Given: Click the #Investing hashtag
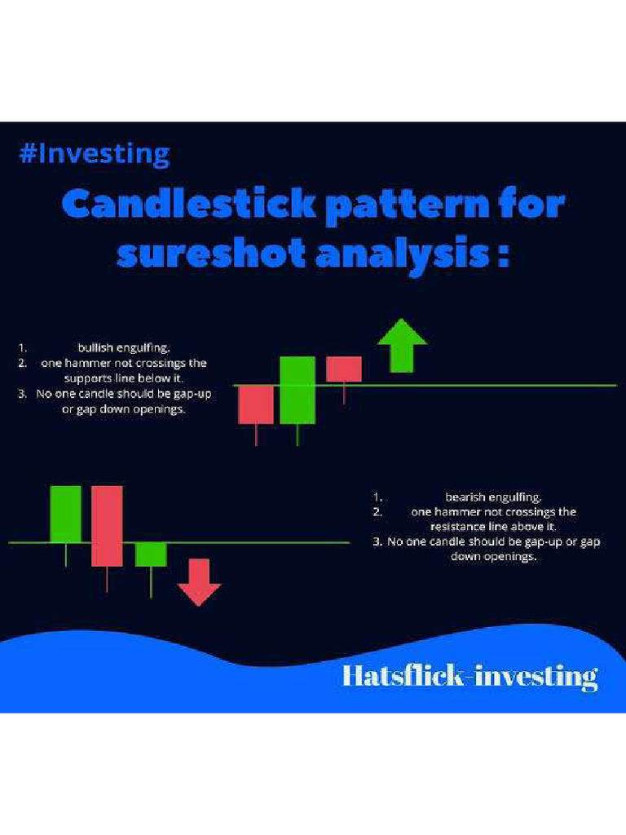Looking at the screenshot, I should (x=95, y=154).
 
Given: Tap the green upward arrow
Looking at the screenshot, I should (x=402, y=346).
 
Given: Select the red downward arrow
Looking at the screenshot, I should (x=200, y=582).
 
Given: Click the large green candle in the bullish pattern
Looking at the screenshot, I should (x=298, y=390).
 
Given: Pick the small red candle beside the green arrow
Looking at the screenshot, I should (x=344, y=369).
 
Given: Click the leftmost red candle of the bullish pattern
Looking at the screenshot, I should (x=256, y=404).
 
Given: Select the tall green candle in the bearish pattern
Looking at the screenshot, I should (x=66, y=514).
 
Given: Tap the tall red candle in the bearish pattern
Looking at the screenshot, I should (x=107, y=526).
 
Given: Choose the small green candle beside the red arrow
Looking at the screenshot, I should (x=151, y=554).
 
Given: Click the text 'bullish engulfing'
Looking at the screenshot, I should (x=124, y=347).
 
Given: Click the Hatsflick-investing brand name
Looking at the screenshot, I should (x=469, y=676).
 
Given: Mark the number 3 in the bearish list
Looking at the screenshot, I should (x=377, y=542).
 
